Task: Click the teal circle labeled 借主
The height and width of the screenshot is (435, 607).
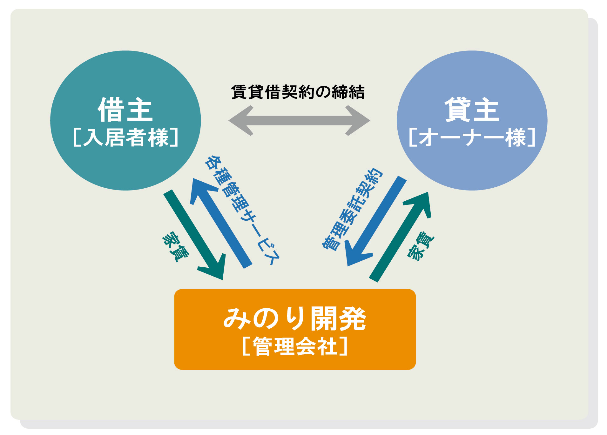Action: click(x=125, y=120)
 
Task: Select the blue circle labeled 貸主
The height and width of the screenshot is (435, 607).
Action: click(x=472, y=120)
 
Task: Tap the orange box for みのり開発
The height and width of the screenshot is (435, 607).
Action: click(x=295, y=329)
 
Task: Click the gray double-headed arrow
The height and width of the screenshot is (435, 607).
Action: click(x=299, y=121)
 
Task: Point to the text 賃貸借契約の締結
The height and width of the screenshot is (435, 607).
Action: click(x=298, y=92)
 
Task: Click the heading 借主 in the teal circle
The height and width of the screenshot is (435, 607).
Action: click(x=125, y=110)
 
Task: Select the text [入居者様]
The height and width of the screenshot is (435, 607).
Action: click(x=125, y=137)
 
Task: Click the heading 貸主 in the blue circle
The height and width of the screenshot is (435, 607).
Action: click(x=472, y=110)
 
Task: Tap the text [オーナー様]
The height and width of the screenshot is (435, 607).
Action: click(x=472, y=137)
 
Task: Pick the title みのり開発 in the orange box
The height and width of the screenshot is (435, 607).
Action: click(x=295, y=319)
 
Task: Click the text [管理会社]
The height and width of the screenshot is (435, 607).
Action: click(x=295, y=346)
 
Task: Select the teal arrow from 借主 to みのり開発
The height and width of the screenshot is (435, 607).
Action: click(x=194, y=235)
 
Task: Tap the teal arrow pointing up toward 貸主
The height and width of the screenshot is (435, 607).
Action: click(x=400, y=237)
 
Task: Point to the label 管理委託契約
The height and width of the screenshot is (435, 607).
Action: click(x=352, y=210)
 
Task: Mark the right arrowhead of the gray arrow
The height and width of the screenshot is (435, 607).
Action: click(x=358, y=121)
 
